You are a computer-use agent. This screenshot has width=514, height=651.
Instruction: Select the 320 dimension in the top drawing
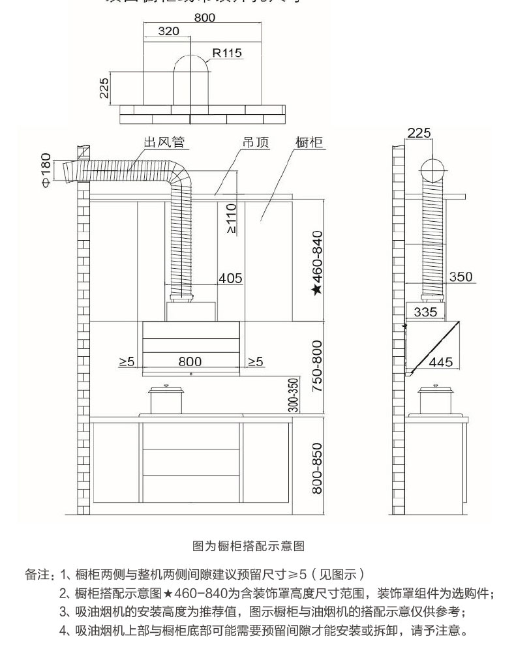click(x=168, y=32)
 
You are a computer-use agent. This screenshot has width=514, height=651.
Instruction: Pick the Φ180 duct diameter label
click(x=46, y=171)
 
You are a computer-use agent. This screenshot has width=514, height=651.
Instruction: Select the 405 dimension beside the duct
click(x=230, y=279)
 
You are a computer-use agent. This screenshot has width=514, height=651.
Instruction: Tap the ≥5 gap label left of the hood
click(x=127, y=361)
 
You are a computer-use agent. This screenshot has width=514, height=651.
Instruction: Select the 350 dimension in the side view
click(x=461, y=277)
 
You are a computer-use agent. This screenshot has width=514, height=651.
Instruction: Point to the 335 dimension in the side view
click(x=426, y=312)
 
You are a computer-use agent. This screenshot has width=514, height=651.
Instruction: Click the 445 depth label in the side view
click(x=441, y=361)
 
